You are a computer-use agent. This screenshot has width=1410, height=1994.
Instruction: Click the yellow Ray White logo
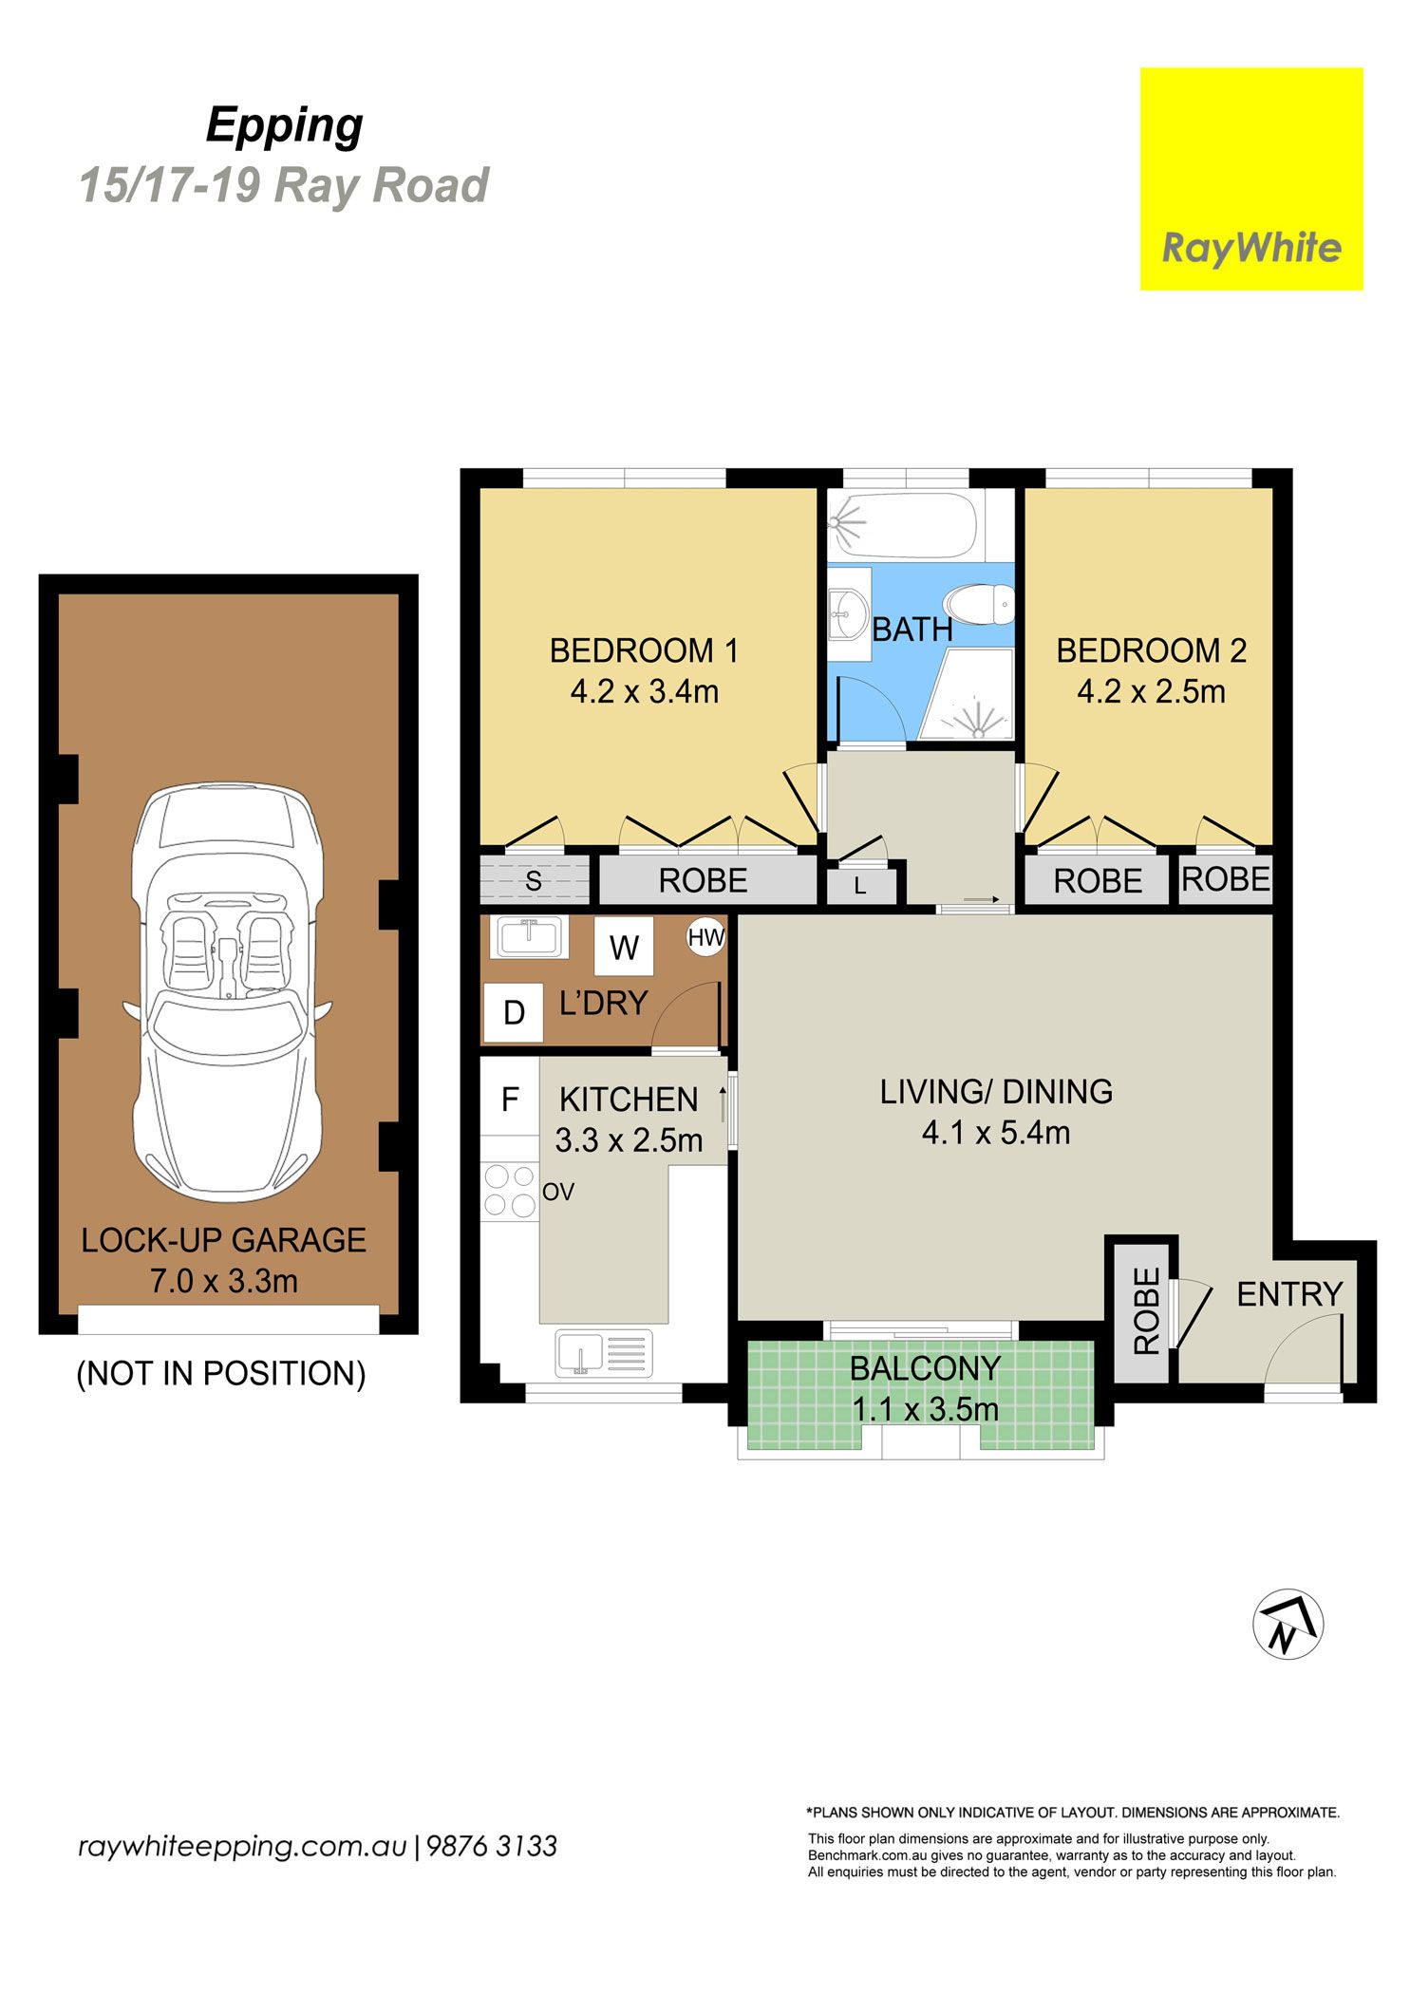point(1250,179)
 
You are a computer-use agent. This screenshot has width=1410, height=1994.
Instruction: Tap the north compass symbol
point(1288,1624)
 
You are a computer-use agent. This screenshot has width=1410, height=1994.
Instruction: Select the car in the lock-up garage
point(226,991)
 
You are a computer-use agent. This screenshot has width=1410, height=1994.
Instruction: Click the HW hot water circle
point(705,938)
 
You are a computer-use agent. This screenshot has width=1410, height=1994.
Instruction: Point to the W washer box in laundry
point(624,946)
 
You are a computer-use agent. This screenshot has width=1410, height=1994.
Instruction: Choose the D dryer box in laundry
point(514,1012)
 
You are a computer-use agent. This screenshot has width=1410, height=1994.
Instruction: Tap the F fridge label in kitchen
point(510,1100)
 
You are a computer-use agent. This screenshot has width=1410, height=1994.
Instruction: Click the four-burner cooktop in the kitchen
point(510,1191)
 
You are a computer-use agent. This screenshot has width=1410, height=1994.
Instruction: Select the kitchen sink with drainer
point(604,1353)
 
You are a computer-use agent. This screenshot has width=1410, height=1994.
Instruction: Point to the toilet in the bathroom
point(979,603)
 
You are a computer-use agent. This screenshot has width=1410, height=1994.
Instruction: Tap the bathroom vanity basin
point(848,613)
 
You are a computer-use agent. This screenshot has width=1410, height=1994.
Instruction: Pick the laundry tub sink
point(529,936)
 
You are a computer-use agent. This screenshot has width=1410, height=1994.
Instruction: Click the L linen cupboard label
point(860,887)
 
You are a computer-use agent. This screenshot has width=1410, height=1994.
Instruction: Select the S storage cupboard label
point(534,881)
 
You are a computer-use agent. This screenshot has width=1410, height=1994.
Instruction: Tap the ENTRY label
point(1288,1293)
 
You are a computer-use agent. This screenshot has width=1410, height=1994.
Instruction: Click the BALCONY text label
point(925,1368)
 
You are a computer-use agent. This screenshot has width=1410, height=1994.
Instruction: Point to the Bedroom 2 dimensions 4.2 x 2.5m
point(1151,691)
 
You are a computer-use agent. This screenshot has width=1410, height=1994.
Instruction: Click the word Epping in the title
point(285,127)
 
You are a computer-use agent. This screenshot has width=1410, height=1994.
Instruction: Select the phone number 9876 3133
point(492,1847)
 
